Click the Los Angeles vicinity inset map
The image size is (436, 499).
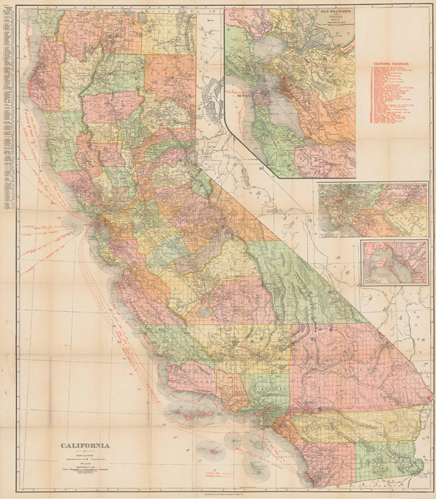[372, 210]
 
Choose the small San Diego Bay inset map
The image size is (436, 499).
[393, 263]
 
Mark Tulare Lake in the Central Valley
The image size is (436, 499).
[203, 310]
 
